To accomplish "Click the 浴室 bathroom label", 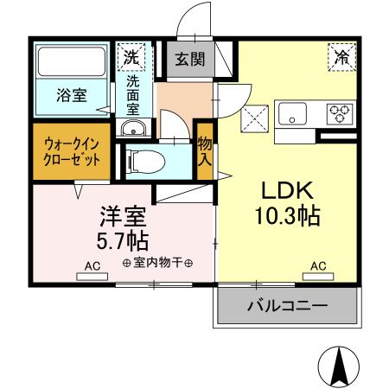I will tap(71, 96).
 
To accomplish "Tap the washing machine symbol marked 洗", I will tap(131, 58).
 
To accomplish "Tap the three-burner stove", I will tap(339, 112).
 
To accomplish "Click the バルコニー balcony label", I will tap(287, 305).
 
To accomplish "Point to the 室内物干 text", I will tap(157, 263).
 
